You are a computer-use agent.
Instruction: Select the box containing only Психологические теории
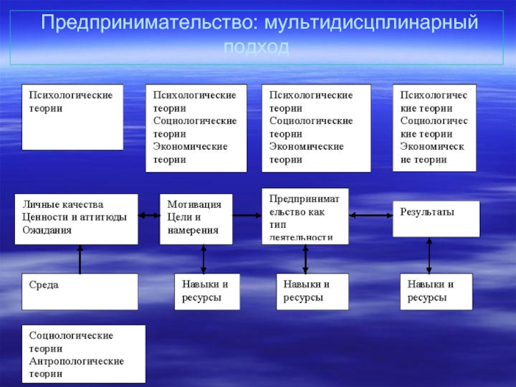(72, 117)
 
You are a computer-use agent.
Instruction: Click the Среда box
(80, 292)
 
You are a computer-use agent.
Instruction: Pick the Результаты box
(436, 219)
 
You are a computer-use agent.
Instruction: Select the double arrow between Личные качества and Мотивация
(149, 217)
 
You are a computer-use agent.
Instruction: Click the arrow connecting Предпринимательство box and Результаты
(370, 215)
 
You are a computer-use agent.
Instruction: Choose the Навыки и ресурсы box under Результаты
(436, 292)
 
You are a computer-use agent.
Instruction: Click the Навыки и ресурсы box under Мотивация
(207, 292)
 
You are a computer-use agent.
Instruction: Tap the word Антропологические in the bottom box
(76, 361)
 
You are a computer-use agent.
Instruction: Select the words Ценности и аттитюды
(74, 217)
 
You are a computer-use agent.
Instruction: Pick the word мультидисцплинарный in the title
(367, 24)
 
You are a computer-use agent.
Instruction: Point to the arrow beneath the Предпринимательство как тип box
(306, 259)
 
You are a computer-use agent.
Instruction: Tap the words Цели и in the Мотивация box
(184, 217)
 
